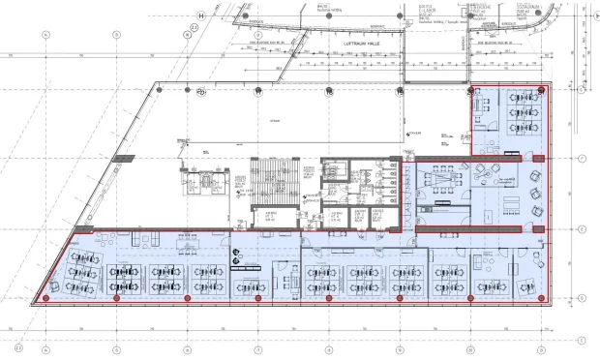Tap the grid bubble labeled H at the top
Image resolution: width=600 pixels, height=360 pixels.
point(201,15)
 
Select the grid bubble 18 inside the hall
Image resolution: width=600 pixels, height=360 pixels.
point(258,93)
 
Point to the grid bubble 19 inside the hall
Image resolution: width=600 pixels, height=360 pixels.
point(330,93)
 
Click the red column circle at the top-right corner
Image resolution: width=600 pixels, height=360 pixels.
point(542,89)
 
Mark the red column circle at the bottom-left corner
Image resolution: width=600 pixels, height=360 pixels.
point(46,298)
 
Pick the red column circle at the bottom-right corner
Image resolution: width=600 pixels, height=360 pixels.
point(543,298)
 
